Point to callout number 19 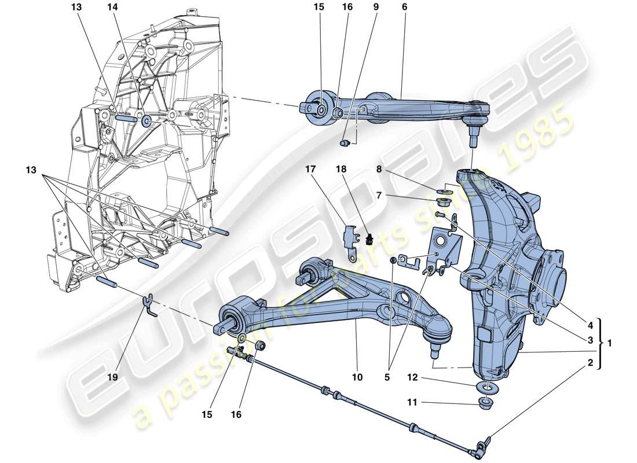[112, 376]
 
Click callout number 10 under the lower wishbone [357, 377]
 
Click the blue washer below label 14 [146, 120]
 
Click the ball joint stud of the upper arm [473, 139]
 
